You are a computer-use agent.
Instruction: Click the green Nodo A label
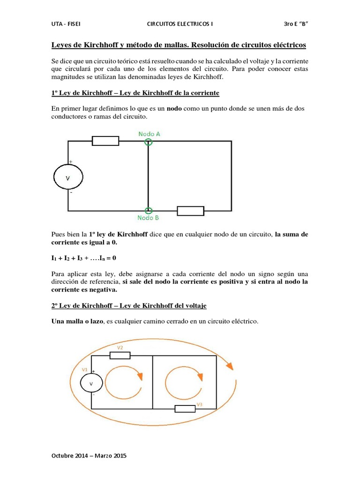(150, 134)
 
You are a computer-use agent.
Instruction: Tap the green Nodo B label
(149, 218)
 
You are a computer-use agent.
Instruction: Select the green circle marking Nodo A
(148, 141)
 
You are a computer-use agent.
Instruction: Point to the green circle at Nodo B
(148, 210)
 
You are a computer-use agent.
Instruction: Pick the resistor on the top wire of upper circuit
(105, 141)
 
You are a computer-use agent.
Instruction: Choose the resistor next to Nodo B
(190, 210)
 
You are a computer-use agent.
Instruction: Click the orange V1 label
(85, 369)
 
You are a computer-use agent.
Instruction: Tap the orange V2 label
(120, 347)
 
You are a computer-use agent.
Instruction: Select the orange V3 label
(199, 404)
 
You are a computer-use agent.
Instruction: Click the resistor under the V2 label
(120, 355)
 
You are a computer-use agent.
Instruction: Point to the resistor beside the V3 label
(185, 409)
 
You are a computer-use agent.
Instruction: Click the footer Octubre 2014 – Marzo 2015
(89, 455)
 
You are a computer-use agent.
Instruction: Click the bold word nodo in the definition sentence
(175, 108)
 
